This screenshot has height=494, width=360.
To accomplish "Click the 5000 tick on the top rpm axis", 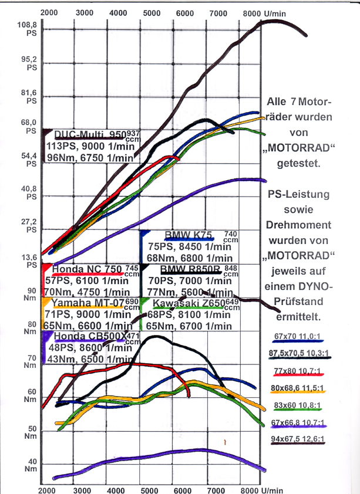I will pyautogui.click(x=152, y=12).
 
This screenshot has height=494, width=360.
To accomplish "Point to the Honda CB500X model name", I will pyautogui.click(x=89, y=336).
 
